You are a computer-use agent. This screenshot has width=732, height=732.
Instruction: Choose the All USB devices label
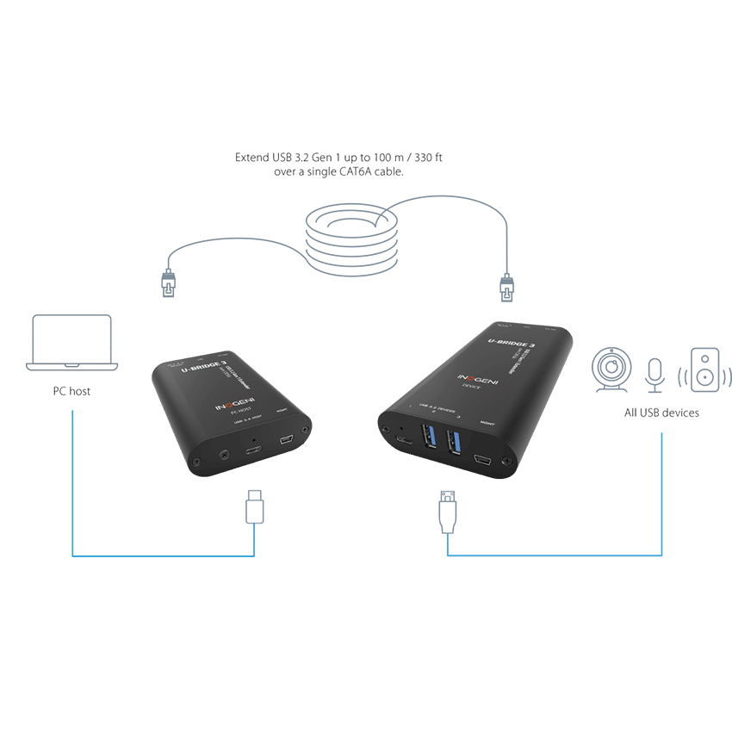[x=661, y=413]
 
